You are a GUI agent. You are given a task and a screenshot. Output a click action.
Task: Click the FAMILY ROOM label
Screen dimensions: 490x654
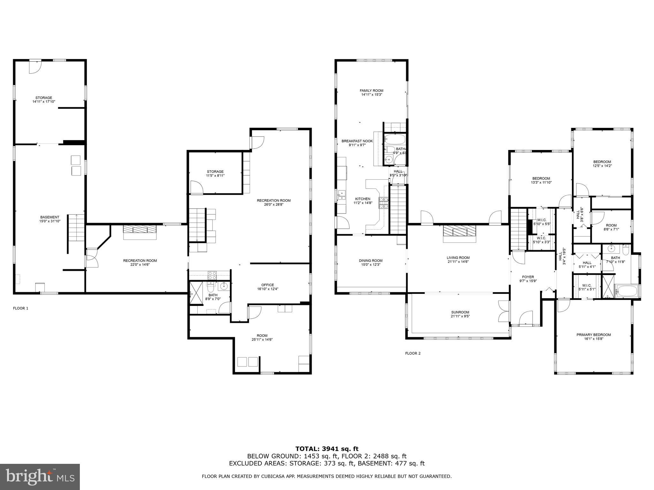tap(371, 91)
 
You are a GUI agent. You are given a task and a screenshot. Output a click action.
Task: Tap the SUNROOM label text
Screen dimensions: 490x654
tap(460, 312)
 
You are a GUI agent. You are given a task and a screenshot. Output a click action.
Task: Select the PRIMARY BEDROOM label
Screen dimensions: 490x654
tap(593, 335)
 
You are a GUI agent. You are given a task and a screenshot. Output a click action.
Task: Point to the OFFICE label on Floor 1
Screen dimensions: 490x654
tap(267, 285)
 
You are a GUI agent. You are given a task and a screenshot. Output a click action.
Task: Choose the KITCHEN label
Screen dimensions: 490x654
tap(362, 199)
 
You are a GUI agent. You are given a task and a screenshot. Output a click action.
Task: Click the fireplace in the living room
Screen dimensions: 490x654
tap(459, 231)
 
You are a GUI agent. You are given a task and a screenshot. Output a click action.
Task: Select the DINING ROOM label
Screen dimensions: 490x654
tap(370, 261)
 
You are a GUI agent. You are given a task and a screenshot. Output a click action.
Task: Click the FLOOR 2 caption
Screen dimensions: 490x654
tap(413, 353)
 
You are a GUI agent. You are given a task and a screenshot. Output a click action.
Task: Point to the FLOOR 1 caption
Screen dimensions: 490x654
tap(20, 308)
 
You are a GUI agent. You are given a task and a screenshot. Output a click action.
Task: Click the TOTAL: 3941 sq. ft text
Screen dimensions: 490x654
tap(327, 449)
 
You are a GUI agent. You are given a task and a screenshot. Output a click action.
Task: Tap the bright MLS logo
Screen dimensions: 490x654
tap(40, 477)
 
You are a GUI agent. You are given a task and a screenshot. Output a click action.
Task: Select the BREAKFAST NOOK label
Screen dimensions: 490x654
tap(357, 141)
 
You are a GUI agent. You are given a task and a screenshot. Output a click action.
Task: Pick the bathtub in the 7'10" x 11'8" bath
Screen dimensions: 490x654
tap(627, 291)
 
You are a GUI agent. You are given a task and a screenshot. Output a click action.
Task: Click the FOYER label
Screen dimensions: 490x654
tap(528, 277)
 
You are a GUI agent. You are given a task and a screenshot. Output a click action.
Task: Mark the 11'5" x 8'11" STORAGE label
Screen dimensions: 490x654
tap(215, 172)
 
